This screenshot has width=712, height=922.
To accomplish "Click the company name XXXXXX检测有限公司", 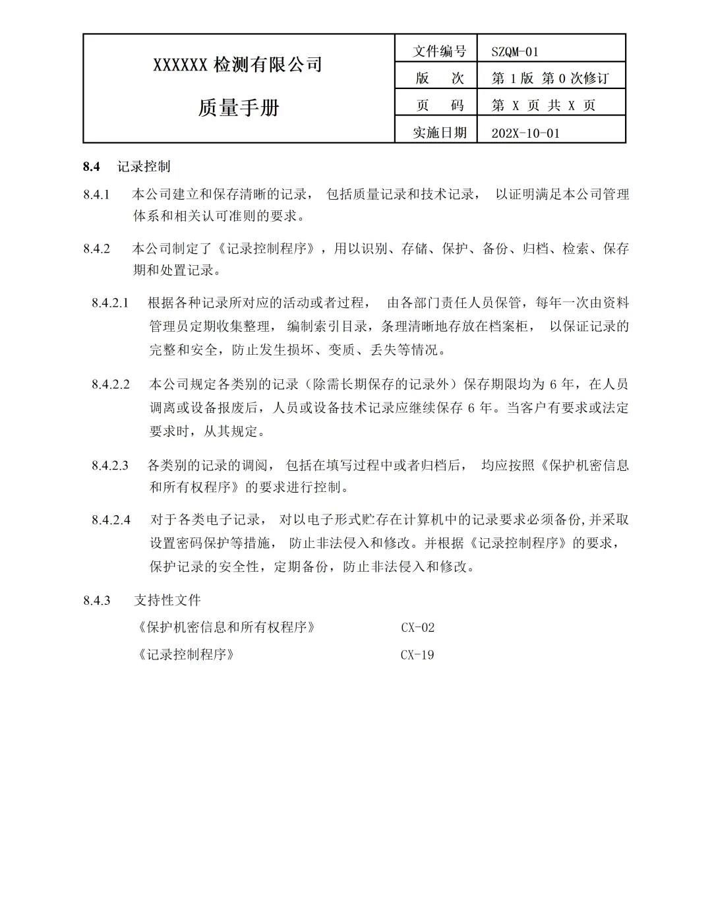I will [238, 65].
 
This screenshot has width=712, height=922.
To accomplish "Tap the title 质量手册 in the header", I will [239, 108].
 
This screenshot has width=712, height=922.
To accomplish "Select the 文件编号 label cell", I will [439, 51].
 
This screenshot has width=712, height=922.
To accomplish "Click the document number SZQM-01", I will [515, 51].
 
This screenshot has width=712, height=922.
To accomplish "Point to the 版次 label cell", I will [439, 78].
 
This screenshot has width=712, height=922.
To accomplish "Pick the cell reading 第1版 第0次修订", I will [550, 78].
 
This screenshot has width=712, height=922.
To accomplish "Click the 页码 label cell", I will [439, 106].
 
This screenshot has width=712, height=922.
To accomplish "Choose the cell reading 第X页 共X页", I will [543, 106].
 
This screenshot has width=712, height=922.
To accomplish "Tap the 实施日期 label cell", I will [439, 133].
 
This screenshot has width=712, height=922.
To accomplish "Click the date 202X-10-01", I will [525, 133].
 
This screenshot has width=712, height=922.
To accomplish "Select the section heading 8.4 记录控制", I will [127, 167].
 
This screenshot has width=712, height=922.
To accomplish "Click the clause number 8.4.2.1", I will [111, 303].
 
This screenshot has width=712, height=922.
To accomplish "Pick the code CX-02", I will [417, 628].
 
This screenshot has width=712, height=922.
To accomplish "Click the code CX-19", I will [417, 656].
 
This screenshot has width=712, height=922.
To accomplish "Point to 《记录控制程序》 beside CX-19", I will [186, 656].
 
